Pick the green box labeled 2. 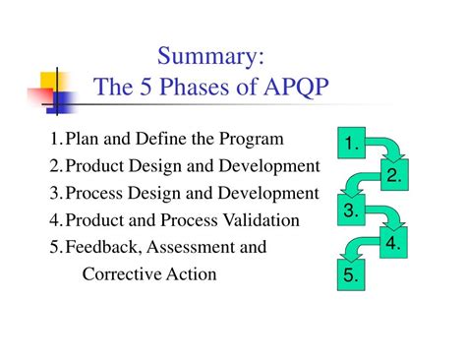pyautogui.click(x=393, y=177)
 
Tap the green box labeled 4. pyautogui.click(x=393, y=244)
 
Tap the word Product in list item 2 pyautogui.click(x=96, y=165)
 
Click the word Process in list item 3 pyautogui.click(x=96, y=193)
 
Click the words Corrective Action pyautogui.click(x=149, y=273)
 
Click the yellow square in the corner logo pyautogui.click(x=51, y=79)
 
